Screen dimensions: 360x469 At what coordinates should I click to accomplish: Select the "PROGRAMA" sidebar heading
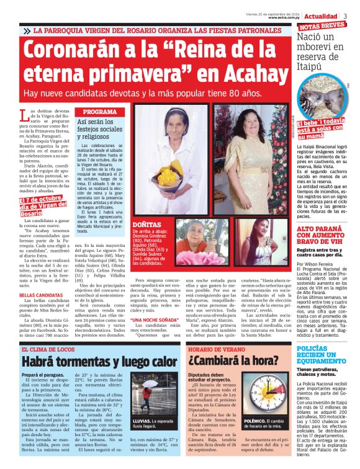click(99, 112)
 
